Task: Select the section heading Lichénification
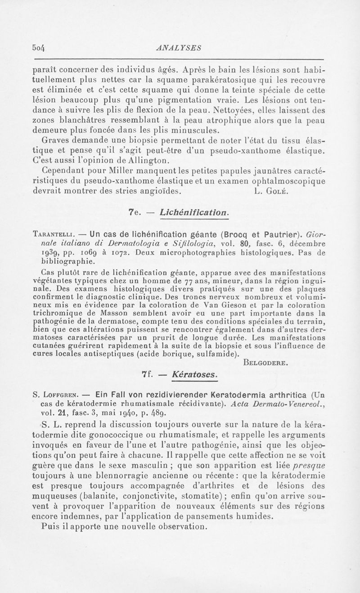coord(194,211)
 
